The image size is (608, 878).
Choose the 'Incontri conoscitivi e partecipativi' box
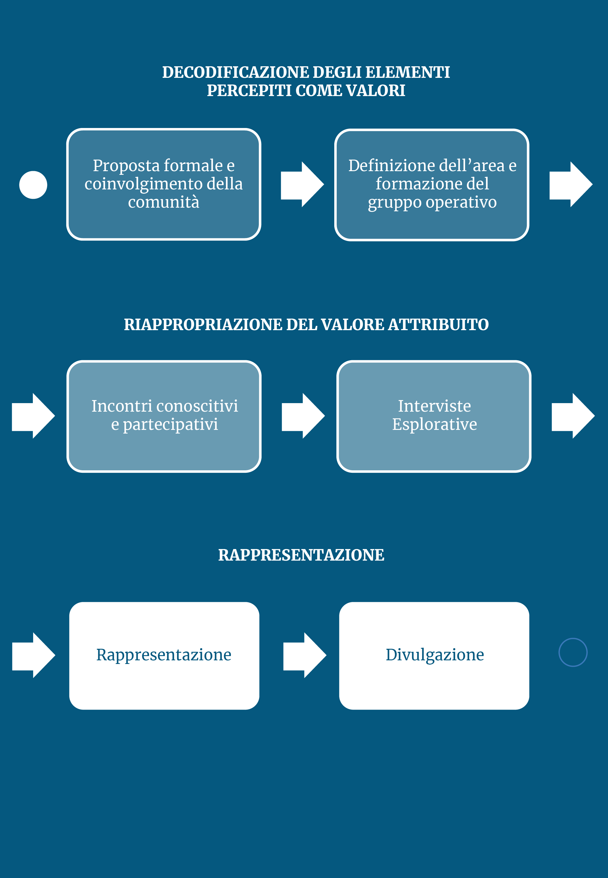point(164,416)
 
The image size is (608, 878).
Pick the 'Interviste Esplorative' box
point(434,416)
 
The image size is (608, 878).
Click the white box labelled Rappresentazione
point(164,656)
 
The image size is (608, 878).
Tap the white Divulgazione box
point(434,656)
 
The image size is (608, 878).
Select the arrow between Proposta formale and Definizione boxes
point(302,184)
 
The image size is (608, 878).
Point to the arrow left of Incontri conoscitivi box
point(33,416)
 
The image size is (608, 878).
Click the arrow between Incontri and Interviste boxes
point(303,416)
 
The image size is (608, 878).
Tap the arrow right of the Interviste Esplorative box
point(573,416)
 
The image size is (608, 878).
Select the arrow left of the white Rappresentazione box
point(34,655)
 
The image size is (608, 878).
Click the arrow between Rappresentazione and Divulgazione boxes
point(305,655)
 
